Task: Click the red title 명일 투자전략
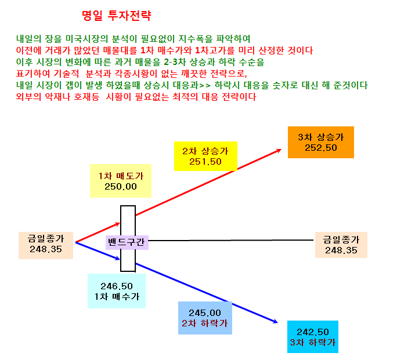[117, 16]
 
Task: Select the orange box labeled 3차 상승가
[321, 143]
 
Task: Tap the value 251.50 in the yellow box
[205, 162]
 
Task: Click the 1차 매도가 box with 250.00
[121, 181]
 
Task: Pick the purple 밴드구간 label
[127, 242]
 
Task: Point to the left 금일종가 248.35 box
[46, 245]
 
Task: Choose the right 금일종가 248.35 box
[341, 245]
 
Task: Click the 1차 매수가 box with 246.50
[117, 291]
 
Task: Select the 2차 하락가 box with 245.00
[205, 318]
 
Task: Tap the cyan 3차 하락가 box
[313, 337]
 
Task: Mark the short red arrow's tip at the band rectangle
[120, 223]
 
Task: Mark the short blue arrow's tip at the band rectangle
[120, 259]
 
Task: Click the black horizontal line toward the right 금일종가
[231, 240]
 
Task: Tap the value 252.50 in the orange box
[321, 148]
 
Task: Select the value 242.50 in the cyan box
[313, 332]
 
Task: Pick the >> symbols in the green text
[204, 85]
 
